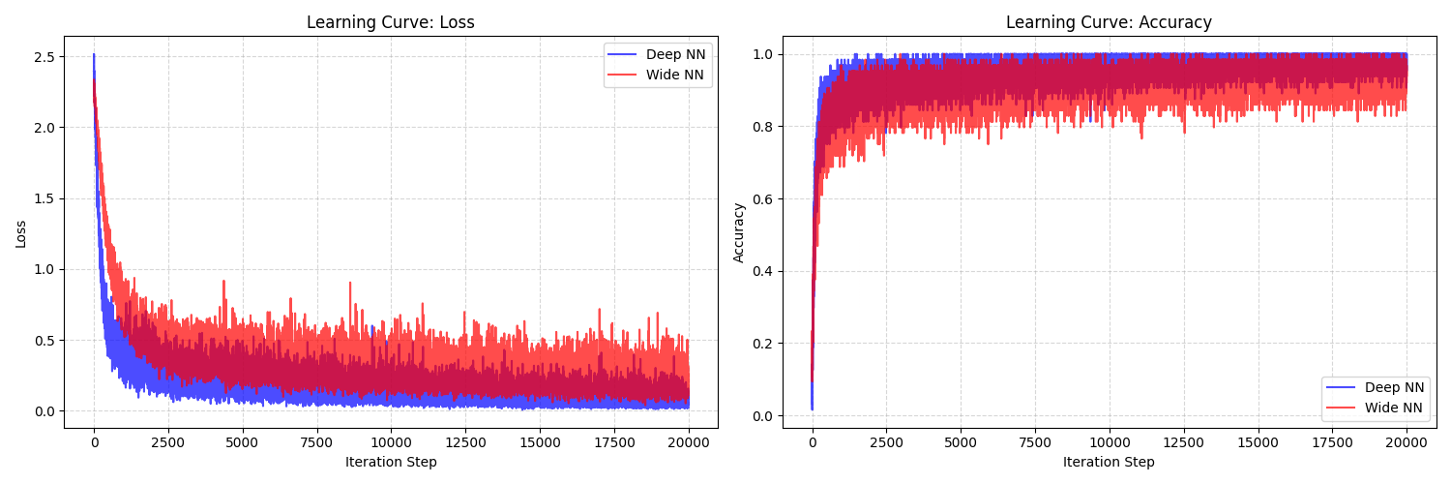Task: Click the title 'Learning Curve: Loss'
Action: point(391,22)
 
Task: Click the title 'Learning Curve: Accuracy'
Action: point(1109,22)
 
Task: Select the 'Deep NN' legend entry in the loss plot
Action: point(675,54)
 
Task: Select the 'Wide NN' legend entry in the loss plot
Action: point(675,75)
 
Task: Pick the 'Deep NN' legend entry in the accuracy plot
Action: point(1394,387)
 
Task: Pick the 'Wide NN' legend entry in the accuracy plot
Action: point(1394,408)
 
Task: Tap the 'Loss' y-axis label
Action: point(21,232)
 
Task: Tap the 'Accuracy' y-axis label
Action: point(739,232)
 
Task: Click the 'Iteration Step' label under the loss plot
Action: point(391,463)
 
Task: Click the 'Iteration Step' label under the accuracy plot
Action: point(1109,463)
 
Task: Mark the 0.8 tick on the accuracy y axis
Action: point(763,127)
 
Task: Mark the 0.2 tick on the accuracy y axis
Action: point(763,344)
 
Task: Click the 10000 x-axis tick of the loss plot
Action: point(391,441)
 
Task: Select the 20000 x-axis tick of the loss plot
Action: point(688,441)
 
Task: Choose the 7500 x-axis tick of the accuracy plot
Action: point(1035,441)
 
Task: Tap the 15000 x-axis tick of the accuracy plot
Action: point(1258,441)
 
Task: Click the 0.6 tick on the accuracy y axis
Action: point(763,199)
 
